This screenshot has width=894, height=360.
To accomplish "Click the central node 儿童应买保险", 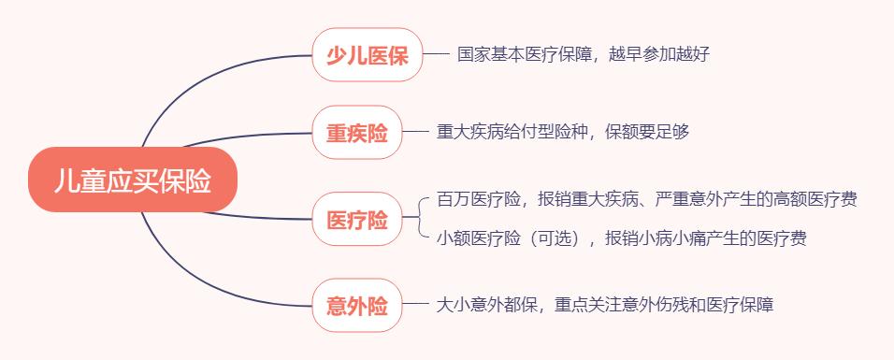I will [x=133, y=180].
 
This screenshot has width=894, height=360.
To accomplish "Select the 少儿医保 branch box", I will [x=367, y=54].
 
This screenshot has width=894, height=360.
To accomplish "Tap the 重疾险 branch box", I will [x=356, y=132].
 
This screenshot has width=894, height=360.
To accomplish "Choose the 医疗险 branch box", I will [x=356, y=220].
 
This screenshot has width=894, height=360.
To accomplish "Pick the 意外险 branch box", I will [x=356, y=305].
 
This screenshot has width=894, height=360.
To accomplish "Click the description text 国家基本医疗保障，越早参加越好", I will [x=584, y=54].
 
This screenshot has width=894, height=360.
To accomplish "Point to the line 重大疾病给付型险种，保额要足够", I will [x=563, y=132].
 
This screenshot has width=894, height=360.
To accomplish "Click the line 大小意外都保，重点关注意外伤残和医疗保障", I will [x=605, y=305].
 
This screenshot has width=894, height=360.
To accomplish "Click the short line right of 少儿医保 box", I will [x=437, y=54].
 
